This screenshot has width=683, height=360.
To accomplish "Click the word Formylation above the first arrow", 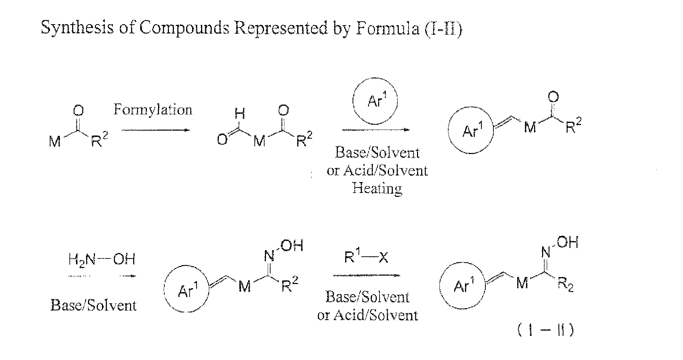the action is click(153, 110).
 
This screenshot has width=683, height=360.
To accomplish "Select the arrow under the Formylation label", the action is click(156, 130).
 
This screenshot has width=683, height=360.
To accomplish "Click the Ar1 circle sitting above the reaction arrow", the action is click(375, 102).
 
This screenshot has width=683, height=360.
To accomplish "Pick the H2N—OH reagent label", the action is click(102, 259).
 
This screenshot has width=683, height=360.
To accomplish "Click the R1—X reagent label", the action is click(366, 258).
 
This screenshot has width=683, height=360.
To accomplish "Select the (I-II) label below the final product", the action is click(545, 330).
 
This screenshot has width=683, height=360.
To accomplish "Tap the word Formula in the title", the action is click(387, 28).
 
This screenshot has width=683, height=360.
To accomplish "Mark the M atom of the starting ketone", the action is click(55, 142).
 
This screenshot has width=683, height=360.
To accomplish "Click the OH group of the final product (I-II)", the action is click(567, 243).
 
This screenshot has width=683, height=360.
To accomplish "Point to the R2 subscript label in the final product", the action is click(566, 285).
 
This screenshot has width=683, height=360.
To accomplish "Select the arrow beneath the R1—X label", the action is click(366, 275).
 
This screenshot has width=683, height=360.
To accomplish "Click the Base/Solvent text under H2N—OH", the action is click(93, 305).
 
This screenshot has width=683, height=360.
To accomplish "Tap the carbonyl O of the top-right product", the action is click(553, 97).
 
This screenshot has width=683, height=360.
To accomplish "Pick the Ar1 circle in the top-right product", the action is click(471, 131).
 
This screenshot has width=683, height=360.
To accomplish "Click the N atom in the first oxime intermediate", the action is click(269, 257).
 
